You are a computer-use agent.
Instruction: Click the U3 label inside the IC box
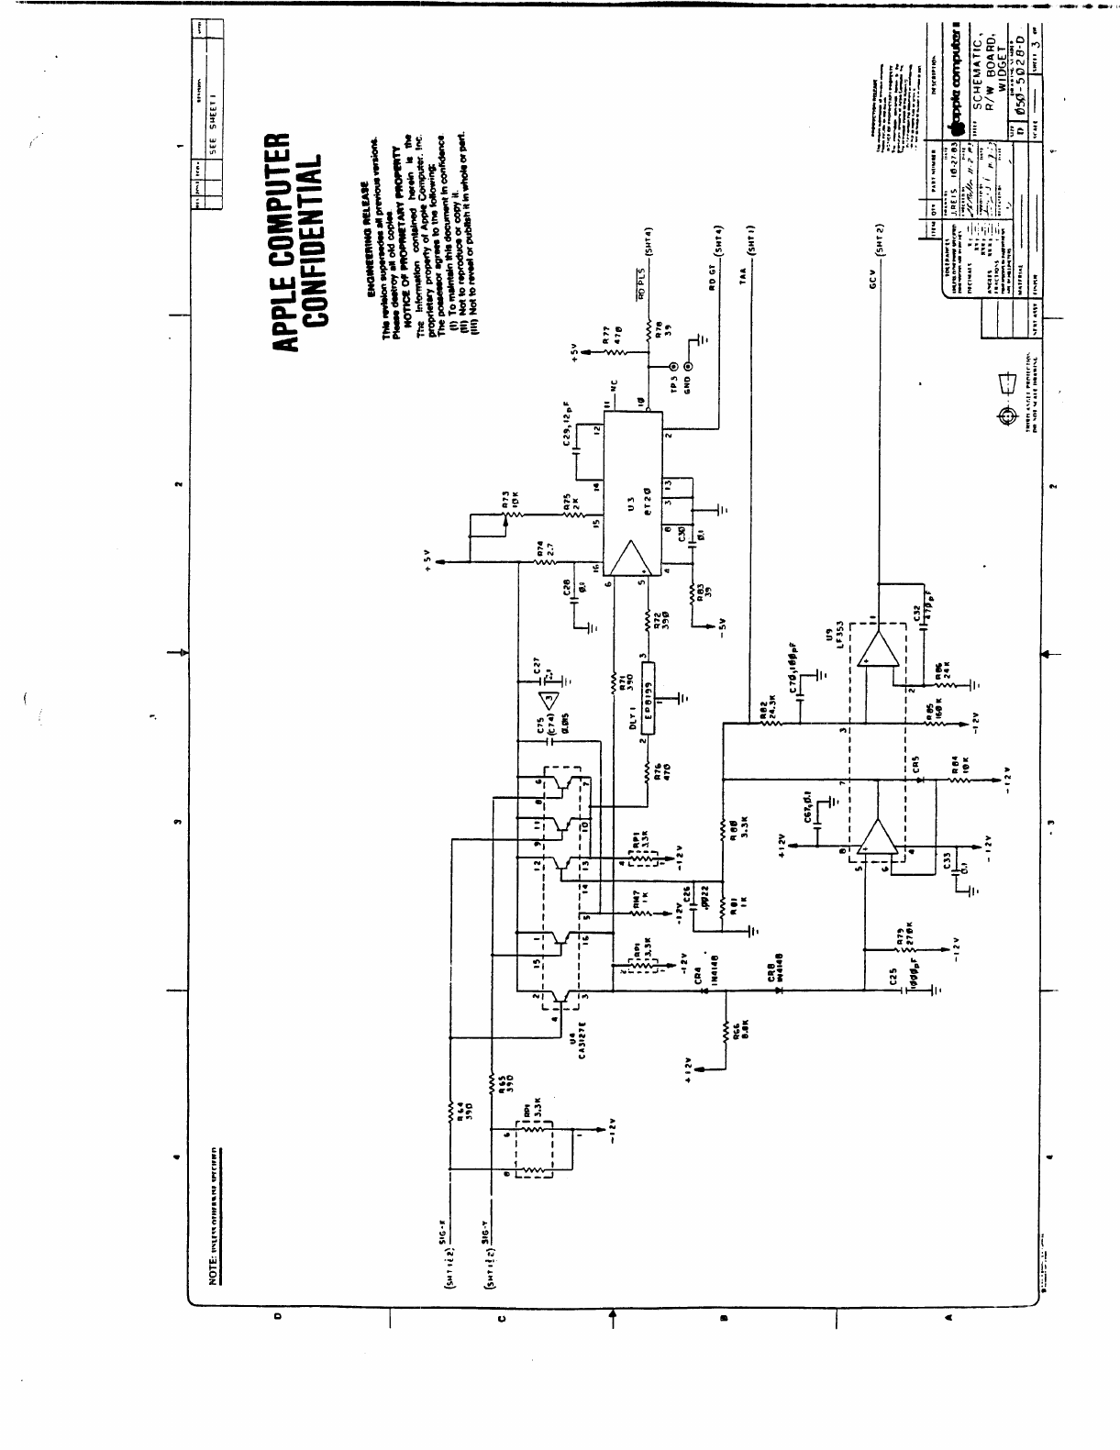coord(630,507)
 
